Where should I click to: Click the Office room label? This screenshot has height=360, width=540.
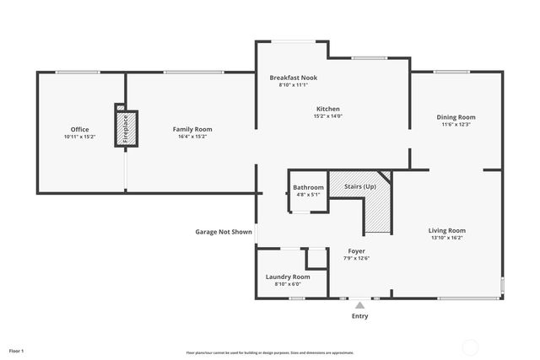coord(79,129)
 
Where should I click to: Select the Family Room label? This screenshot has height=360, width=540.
coord(192,129)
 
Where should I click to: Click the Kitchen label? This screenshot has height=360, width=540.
coord(328,109)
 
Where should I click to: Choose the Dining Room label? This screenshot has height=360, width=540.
coord(456,117)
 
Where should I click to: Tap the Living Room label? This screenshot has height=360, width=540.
coord(446,230)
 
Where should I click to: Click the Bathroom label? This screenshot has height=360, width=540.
coord(308,187)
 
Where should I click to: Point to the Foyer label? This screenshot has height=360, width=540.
coord(356,251)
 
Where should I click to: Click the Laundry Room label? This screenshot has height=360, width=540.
coord(288,277)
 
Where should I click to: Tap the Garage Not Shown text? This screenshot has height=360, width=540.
coord(224,231)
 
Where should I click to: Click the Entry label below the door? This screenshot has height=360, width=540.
coord(359,316)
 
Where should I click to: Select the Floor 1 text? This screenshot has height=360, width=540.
coord(17,350)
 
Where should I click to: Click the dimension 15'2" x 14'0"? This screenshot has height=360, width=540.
coord(328,116)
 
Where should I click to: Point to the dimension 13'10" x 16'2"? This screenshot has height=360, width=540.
coord(446,238)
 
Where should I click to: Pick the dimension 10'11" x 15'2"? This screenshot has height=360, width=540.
coord(79,137)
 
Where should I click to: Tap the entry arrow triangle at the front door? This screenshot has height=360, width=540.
coord(360,305)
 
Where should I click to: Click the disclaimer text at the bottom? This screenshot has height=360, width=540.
coord(270,352)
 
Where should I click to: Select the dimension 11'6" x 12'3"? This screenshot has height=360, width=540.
coord(456,125)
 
